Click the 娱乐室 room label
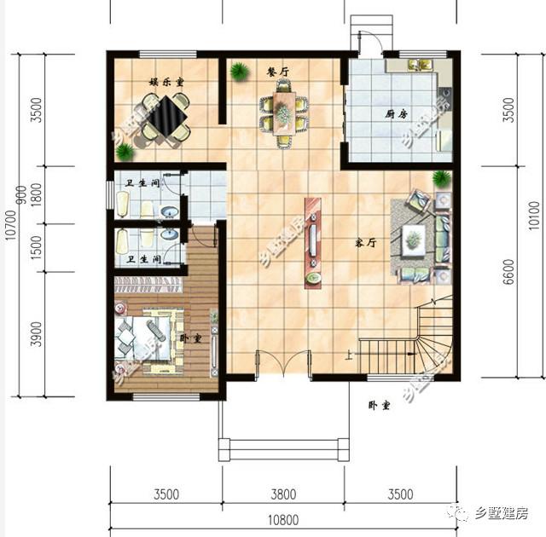click(x=168, y=82)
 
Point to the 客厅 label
click(x=366, y=243)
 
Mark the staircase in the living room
click(x=409, y=341)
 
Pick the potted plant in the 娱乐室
click(x=125, y=153)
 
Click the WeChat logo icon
click(x=462, y=512)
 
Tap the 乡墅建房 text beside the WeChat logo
click(x=503, y=512)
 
